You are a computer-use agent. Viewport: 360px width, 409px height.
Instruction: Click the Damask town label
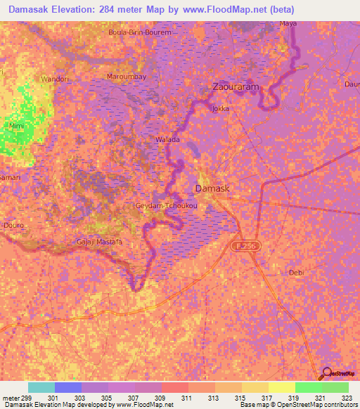click(x=211, y=190)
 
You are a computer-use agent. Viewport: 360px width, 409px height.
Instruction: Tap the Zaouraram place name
click(x=236, y=88)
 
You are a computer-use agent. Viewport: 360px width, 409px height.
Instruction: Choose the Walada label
click(x=167, y=140)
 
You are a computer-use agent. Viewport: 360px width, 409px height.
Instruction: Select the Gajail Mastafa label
click(x=99, y=242)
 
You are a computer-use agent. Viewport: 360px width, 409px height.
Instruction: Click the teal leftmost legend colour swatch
click(x=41, y=387)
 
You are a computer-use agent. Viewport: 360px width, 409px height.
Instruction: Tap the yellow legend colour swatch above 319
click(x=282, y=387)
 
